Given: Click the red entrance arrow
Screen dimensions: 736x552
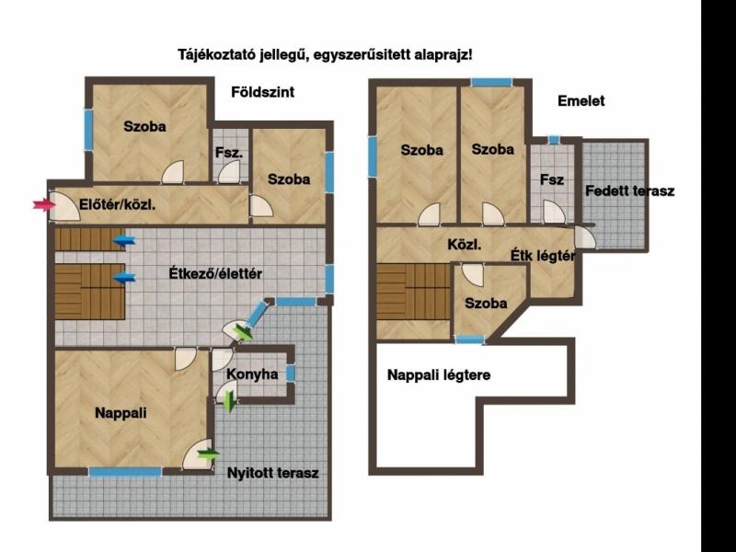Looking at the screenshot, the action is (x=43, y=204).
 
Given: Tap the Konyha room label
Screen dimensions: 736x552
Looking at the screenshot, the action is (x=252, y=374).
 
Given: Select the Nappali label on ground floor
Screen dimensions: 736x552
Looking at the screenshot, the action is (x=121, y=412).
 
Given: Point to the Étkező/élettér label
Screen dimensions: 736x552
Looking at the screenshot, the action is (x=215, y=273).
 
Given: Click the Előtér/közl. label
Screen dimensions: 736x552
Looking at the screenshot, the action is (x=118, y=204).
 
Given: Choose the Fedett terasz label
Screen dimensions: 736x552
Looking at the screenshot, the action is (x=629, y=191).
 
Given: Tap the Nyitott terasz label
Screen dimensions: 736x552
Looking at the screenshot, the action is (x=272, y=473).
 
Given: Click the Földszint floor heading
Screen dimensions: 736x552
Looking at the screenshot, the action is (x=263, y=91).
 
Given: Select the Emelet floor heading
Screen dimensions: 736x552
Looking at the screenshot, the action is (x=581, y=101).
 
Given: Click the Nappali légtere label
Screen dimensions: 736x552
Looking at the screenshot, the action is (x=439, y=375).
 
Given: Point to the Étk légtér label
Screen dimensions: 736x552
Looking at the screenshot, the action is (x=543, y=256).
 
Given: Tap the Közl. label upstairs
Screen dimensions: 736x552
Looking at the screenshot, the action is (x=465, y=244).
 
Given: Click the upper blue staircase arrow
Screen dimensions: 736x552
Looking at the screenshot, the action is (x=124, y=241).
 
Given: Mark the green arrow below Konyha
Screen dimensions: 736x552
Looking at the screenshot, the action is (x=229, y=402).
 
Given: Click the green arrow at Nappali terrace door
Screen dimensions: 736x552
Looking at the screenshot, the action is (x=209, y=454).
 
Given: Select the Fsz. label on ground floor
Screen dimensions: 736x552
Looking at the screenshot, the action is (x=229, y=153).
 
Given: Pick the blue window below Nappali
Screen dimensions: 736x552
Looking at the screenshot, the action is (x=125, y=472).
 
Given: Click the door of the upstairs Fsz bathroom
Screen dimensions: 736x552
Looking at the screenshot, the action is (x=555, y=213).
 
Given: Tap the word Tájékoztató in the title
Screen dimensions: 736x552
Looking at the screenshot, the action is (x=217, y=55).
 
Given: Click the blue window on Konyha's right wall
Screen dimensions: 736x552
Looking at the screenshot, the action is (x=291, y=374).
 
